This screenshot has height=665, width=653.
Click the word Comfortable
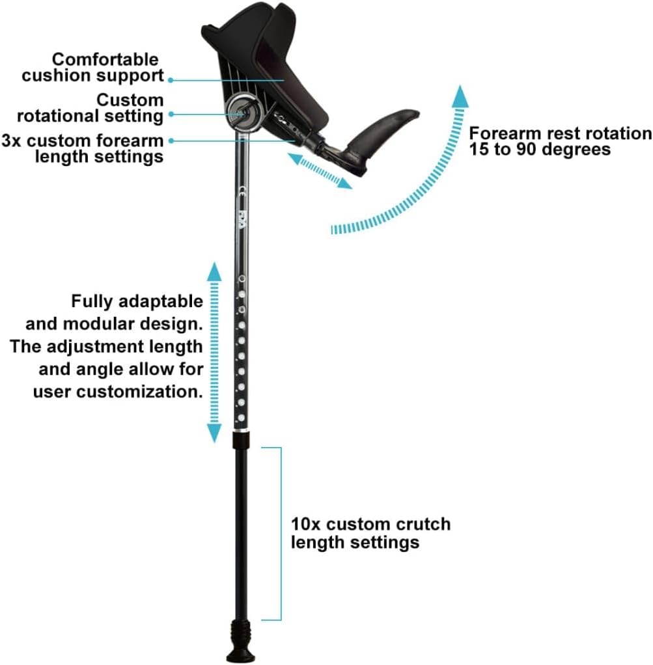[x=105, y=59]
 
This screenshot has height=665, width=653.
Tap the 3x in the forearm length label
[x=12, y=141]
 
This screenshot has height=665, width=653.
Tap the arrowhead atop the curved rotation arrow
[x=460, y=96]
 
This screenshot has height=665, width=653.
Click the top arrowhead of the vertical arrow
[x=214, y=271]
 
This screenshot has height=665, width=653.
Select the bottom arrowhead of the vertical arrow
[x=214, y=433]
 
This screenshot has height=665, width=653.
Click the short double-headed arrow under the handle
[x=320, y=171]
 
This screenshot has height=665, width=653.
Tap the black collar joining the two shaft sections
[x=241, y=440]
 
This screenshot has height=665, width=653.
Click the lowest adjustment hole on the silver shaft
[x=242, y=418]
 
